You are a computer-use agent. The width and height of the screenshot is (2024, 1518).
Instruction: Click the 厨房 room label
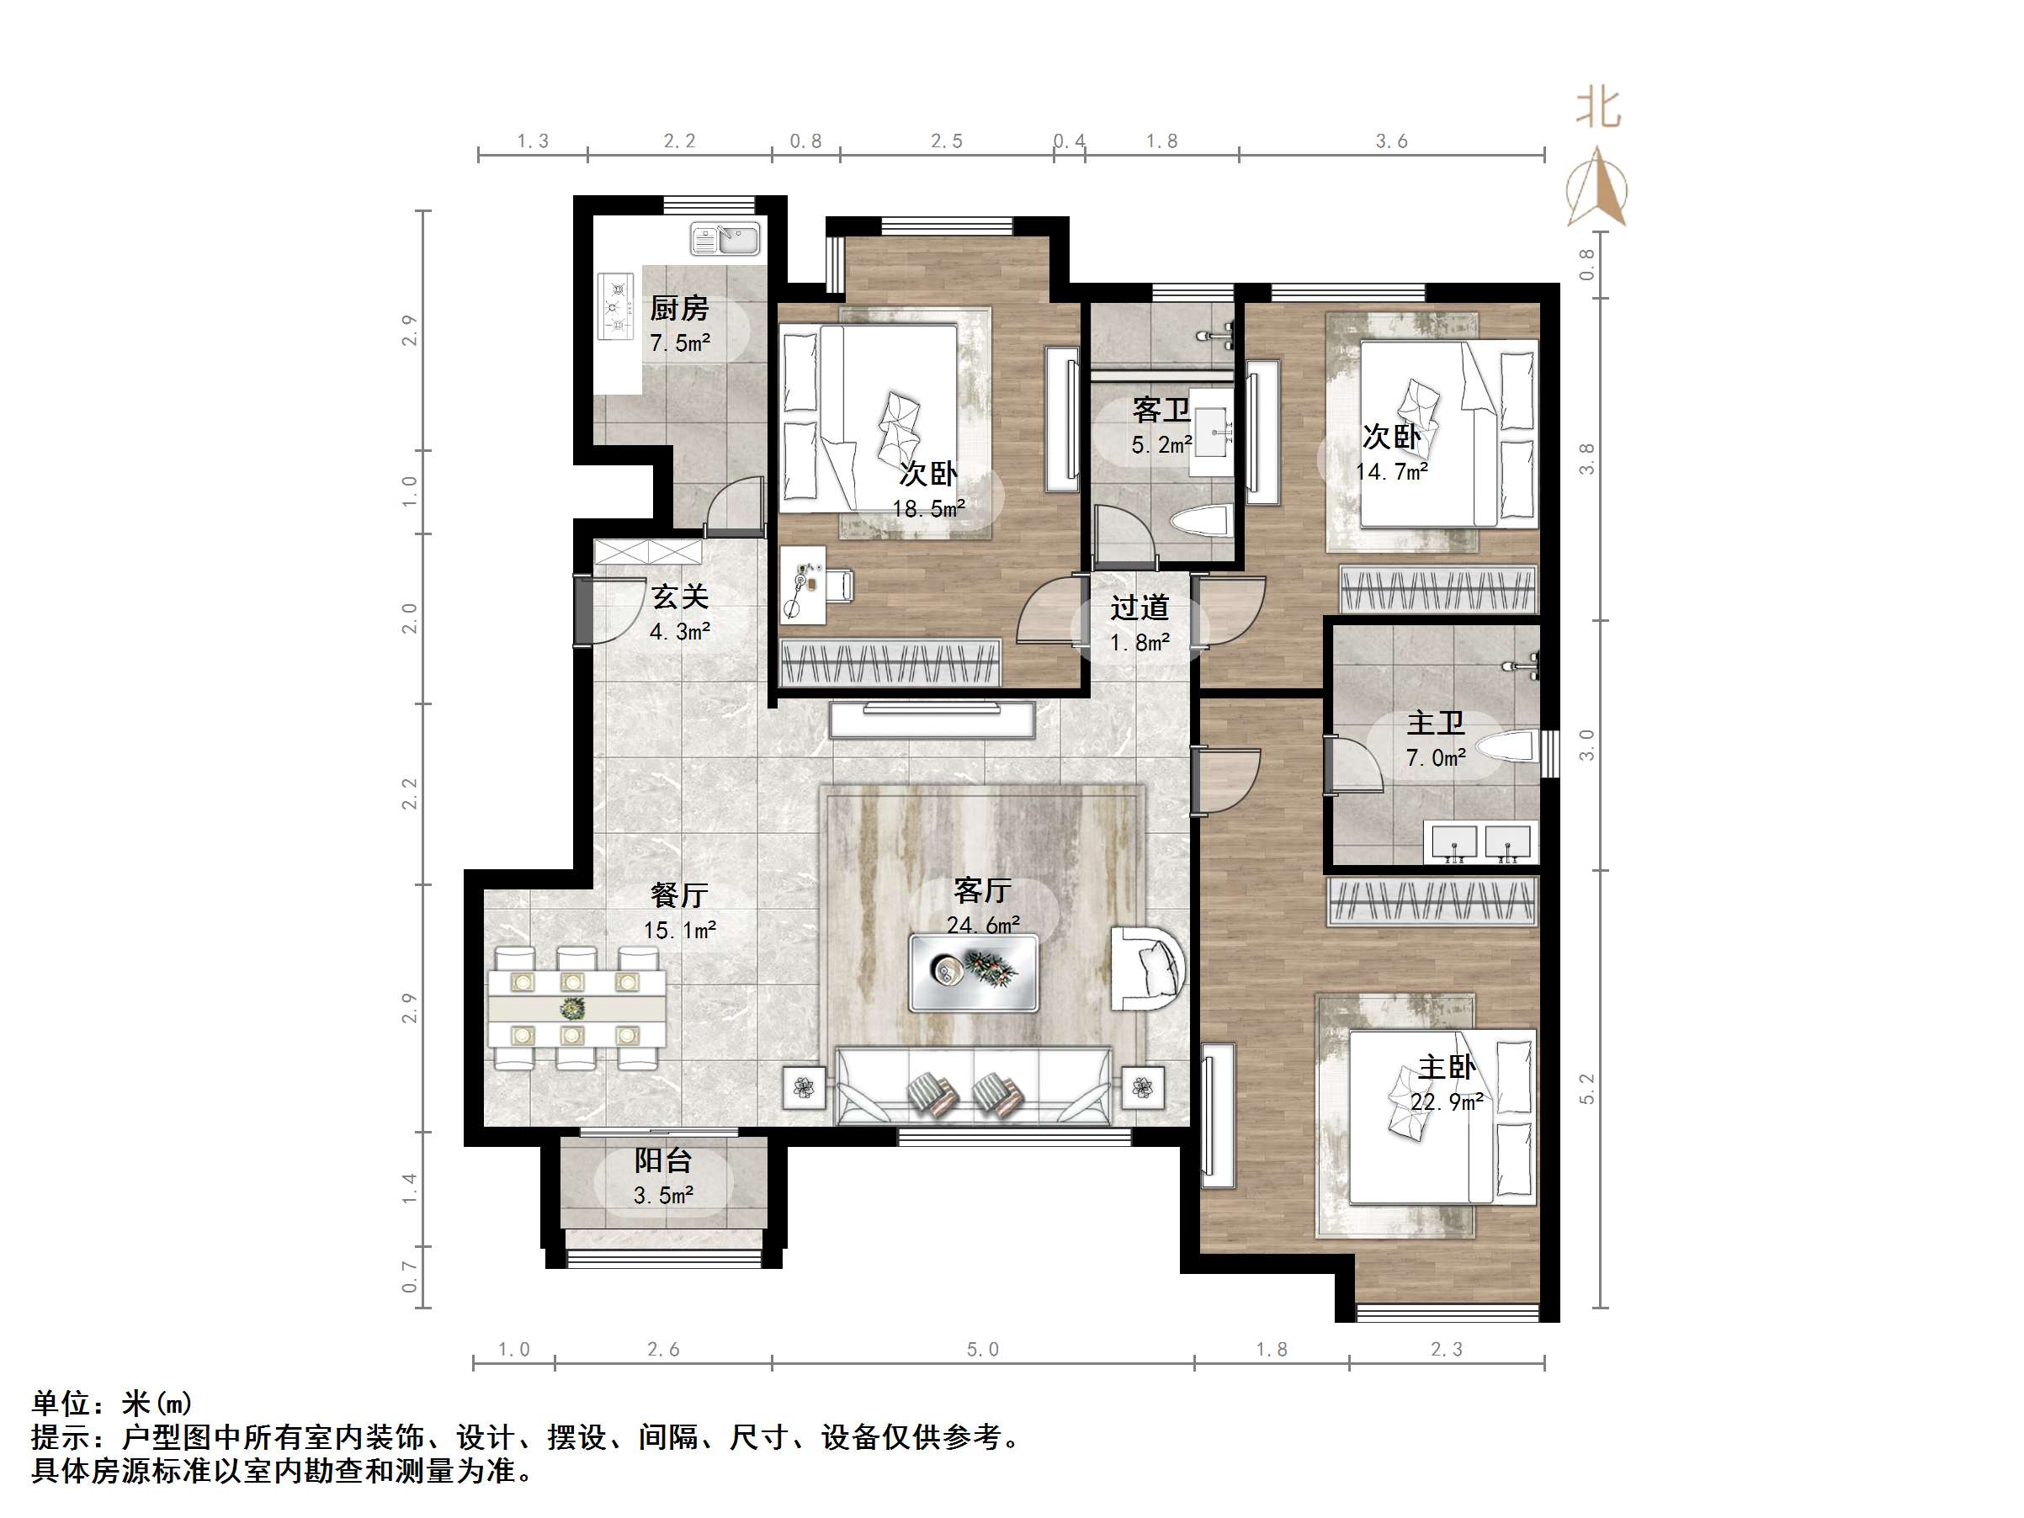point(679,308)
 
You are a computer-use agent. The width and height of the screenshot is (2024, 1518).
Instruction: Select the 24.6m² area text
point(984,925)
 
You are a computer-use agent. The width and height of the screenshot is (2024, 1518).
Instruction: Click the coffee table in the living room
point(974,973)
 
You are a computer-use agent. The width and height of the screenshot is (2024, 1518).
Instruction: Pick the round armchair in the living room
point(1149,968)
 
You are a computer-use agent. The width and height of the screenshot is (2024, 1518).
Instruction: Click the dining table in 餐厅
point(576,1007)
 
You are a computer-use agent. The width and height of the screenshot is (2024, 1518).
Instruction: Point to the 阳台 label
point(663,1161)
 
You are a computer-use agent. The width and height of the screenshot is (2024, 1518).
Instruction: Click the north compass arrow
point(1596,187)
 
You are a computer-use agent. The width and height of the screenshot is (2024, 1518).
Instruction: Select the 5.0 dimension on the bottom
point(983,1350)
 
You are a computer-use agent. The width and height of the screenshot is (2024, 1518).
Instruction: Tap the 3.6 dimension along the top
point(1392,141)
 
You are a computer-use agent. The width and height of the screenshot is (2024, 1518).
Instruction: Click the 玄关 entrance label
point(680,597)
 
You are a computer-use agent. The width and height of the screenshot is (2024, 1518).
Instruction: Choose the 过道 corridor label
point(1140,608)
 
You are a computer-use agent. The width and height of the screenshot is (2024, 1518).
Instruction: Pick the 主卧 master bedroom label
point(1447,1067)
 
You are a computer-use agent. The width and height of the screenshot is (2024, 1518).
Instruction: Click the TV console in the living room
point(932,719)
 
